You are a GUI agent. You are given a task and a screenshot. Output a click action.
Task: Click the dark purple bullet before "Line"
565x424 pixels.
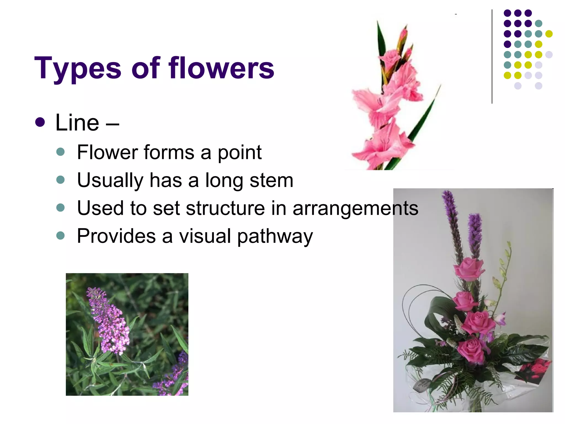(40, 122)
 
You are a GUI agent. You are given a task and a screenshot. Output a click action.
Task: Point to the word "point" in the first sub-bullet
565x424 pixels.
(239, 152)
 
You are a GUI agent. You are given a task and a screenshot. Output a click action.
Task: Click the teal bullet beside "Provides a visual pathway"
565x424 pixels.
(60, 235)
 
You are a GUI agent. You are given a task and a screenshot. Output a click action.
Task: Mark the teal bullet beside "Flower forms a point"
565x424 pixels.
(60, 152)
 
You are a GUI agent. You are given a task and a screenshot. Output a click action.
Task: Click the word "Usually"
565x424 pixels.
(110, 181)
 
